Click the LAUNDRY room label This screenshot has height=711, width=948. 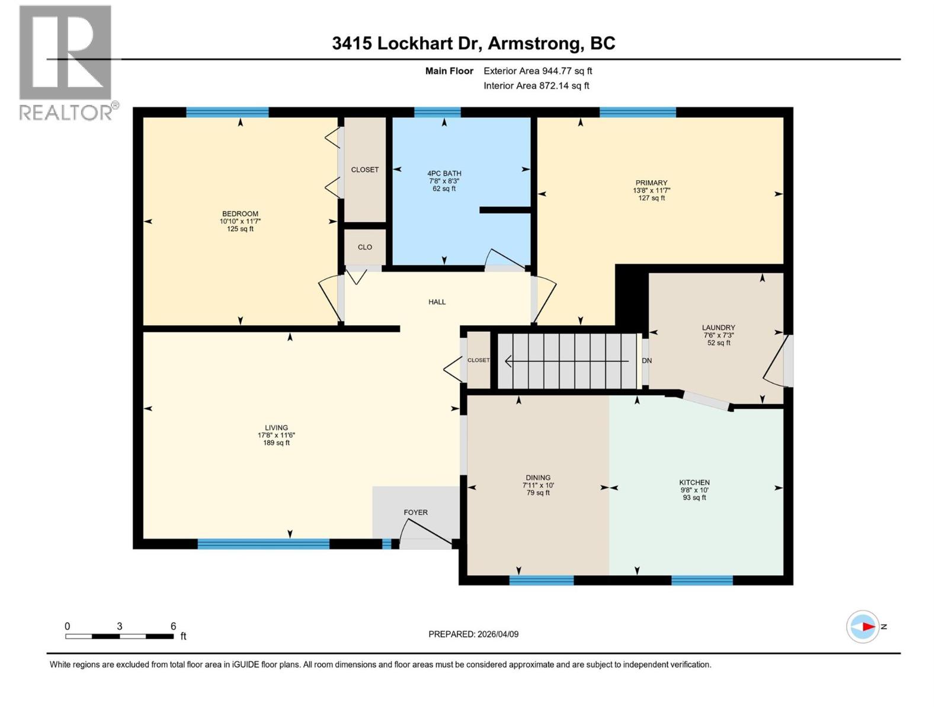click(718, 328)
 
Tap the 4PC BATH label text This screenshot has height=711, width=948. click(444, 174)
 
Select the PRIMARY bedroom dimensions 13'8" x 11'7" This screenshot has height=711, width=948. click(651, 191)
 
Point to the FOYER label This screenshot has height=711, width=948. click(415, 513)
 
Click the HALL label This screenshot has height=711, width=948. click(437, 302)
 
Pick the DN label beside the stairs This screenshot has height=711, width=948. click(647, 361)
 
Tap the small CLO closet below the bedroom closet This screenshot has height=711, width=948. click(365, 247)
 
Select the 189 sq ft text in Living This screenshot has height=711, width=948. click(276, 443)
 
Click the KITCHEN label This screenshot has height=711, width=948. click(694, 483)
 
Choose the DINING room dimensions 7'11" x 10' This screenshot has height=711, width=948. click(538, 485)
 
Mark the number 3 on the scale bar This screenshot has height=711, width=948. click(120, 626)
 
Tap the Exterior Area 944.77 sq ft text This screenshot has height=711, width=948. click(537, 71)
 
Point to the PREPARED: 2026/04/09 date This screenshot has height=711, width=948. click(473, 634)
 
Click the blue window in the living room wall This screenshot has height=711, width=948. click(263, 544)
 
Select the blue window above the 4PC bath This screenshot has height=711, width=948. click(437, 112)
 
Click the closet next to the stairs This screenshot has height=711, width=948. click(479, 360)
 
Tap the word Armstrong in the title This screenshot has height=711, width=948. click(536, 43)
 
